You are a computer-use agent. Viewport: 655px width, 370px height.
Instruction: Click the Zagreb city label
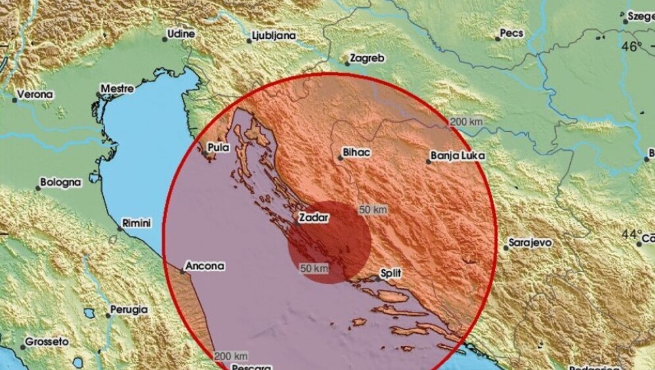368,59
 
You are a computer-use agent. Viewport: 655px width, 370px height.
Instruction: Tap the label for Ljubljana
274,36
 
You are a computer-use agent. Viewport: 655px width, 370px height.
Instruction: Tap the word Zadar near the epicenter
313,216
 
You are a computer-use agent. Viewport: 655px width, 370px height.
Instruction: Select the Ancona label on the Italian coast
205,267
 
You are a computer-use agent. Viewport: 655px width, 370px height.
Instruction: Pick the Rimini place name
137,224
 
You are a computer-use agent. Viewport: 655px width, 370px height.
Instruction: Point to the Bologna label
61,182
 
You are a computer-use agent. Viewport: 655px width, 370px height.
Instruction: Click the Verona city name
36,95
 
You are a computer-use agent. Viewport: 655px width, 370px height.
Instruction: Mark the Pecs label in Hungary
511,32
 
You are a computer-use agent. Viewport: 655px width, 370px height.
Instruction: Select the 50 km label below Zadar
314,269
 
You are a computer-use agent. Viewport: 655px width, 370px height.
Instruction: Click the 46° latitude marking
632,47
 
